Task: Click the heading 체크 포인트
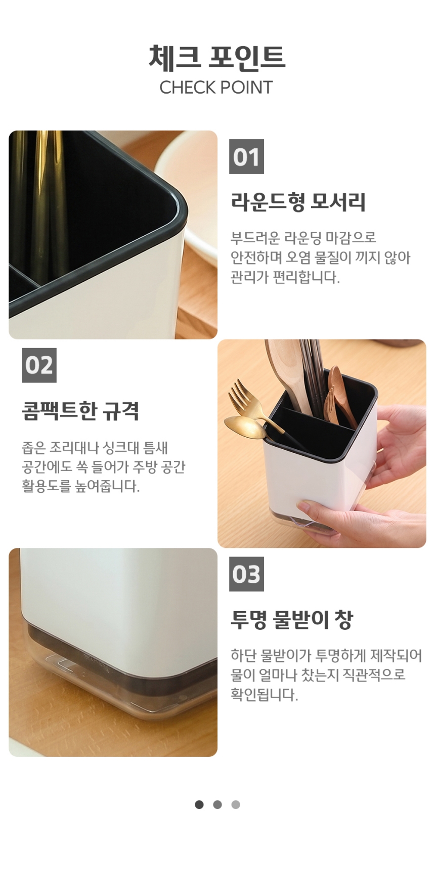pyautogui.click(x=217, y=57)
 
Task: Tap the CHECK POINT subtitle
pyautogui.click(x=216, y=88)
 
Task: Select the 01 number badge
pyautogui.click(x=247, y=157)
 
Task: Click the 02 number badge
pyautogui.click(x=39, y=365)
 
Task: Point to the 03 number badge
pyautogui.click(x=247, y=574)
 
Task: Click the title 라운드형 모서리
pyautogui.click(x=298, y=202)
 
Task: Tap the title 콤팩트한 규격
pyautogui.click(x=80, y=410)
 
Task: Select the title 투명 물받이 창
pyautogui.click(x=292, y=619)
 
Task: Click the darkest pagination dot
pyautogui.click(x=199, y=804)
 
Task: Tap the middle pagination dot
pyautogui.click(x=217, y=804)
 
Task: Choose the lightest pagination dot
pyautogui.click(x=236, y=804)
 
